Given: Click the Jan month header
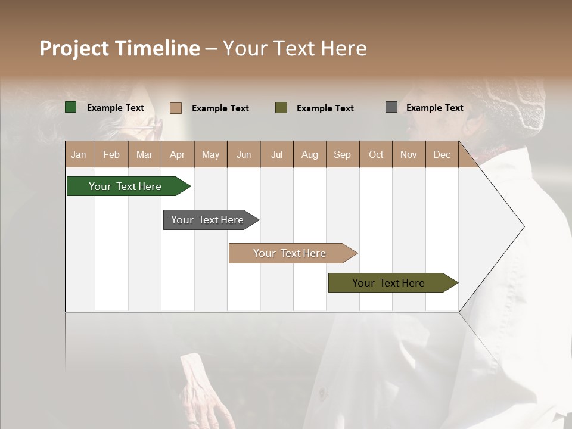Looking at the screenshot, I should tap(79, 154).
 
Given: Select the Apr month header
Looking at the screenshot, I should tap(177, 154).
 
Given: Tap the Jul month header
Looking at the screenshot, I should tap(276, 154).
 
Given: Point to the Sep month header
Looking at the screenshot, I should tap(342, 154).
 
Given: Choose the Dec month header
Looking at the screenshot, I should tap(442, 154).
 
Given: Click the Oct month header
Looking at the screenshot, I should tap(376, 154).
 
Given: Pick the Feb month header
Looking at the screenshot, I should tap(111, 154).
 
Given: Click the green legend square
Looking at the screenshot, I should tap(71, 107).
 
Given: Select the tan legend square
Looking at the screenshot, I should tap(176, 108).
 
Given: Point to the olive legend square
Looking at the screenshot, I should tap(281, 107).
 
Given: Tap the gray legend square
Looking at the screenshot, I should tap(391, 107).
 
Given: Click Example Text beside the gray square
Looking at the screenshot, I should tap(434, 108).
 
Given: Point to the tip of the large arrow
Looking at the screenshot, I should tap(523, 226).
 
